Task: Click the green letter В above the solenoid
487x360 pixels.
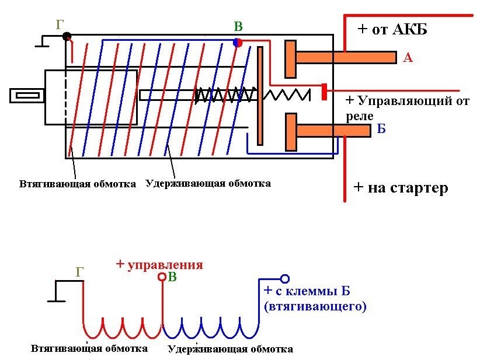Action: click(238, 27)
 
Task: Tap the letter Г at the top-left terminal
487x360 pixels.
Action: click(60, 24)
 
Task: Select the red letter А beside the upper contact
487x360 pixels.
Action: click(408, 57)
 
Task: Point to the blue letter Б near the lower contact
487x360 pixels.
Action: click(381, 129)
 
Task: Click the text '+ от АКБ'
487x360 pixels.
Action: click(392, 29)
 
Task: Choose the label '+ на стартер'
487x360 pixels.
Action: click(401, 188)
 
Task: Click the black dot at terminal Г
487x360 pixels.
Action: click(67, 36)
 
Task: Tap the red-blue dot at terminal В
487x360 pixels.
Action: click(237, 42)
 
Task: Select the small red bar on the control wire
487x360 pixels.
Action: click(323, 92)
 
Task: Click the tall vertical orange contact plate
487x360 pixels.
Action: click(260, 95)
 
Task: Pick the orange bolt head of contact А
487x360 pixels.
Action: click(290, 58)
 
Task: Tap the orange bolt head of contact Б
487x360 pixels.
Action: click(290, 131)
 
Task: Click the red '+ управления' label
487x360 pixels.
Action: click(159, 264)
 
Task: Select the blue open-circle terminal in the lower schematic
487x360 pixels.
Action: click(285, 278)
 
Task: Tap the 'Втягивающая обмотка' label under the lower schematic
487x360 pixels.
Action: click(89, 348)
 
